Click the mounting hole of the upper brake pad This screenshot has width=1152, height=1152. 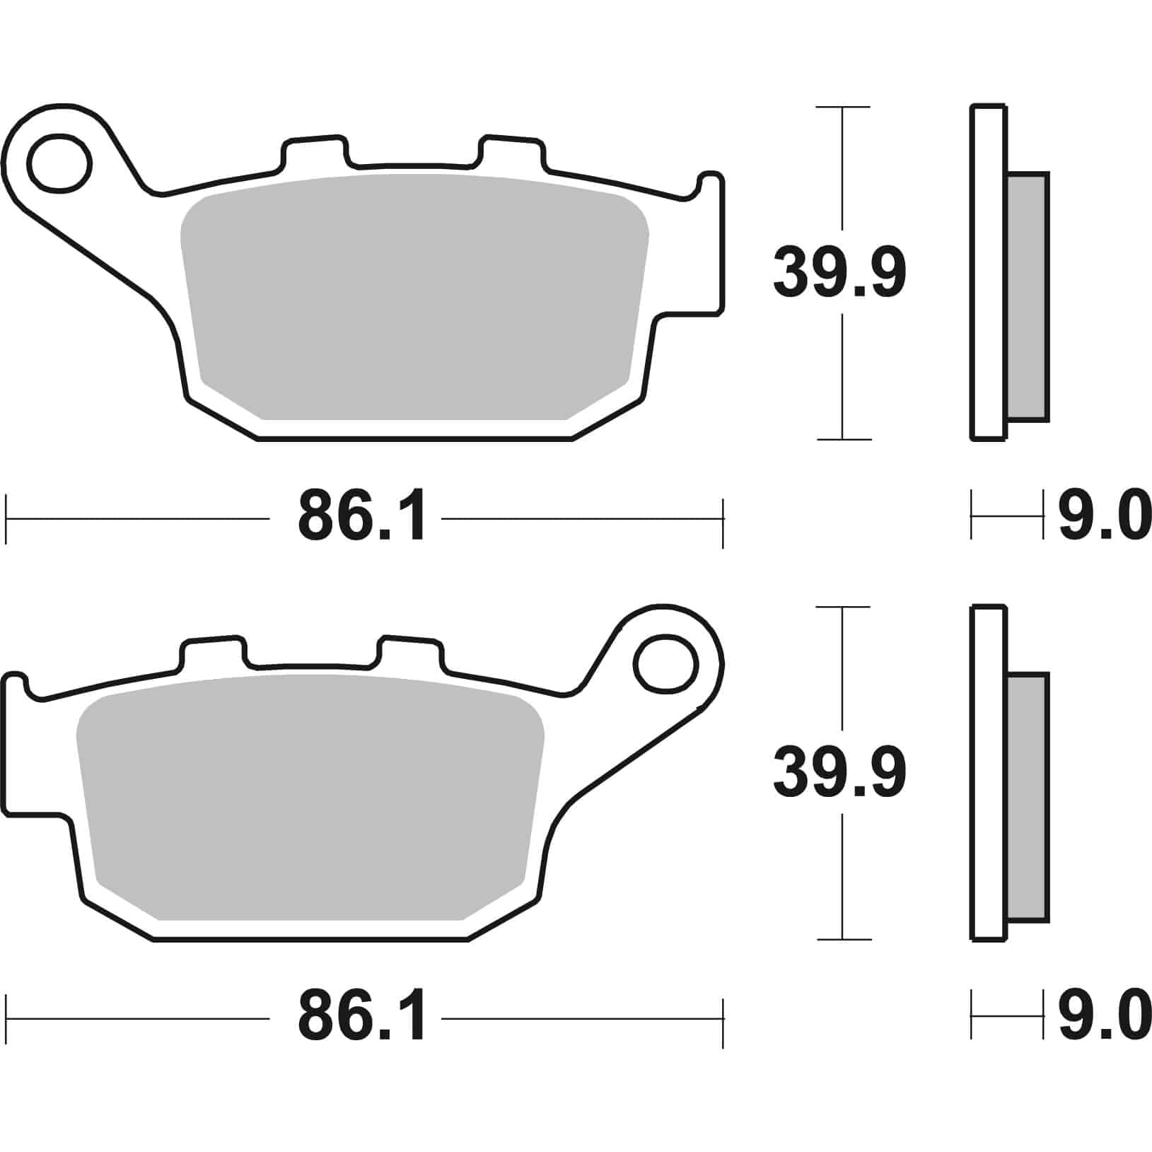pos(60,163)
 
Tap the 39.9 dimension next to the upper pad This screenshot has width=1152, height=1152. pos(839,272)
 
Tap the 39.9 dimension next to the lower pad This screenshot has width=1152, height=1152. pos(839,773)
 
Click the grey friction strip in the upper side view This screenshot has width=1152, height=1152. pos(1027,297)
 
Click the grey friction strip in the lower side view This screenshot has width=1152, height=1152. pos(1027,798)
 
